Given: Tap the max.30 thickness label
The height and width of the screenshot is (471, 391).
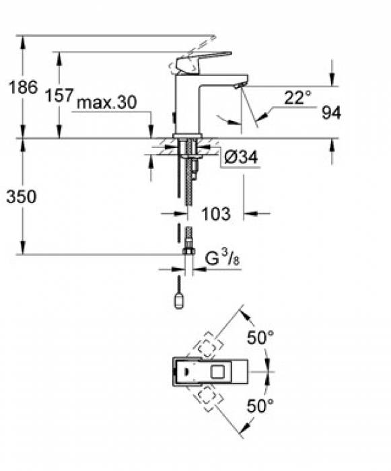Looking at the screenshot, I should click(107, 103).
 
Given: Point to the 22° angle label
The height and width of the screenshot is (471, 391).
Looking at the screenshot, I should click(297, 98).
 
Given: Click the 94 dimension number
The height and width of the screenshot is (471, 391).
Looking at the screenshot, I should click(330, 114).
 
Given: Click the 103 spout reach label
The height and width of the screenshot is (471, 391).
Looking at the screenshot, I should click(216, 215).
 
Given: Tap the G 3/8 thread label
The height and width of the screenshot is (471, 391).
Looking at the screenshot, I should click(221, 258).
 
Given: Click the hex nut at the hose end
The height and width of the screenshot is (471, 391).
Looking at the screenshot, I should click(189, 253).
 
